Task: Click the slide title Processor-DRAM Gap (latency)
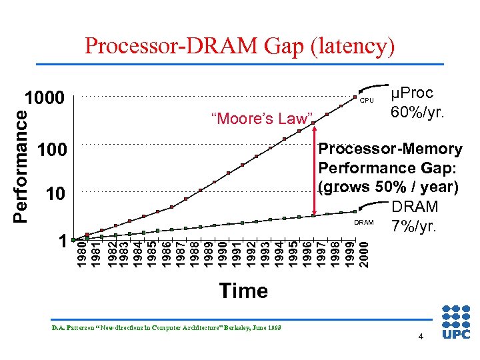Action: pos(239,45)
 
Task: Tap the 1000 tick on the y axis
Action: pos(45,99)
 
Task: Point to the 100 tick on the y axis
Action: pos(52,150)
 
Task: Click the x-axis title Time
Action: pos(243,291)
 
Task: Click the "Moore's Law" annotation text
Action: pos(262,119)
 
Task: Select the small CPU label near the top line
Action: pos(367,101)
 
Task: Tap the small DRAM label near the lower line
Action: pos(364,222)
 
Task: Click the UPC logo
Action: pos(456,324)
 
